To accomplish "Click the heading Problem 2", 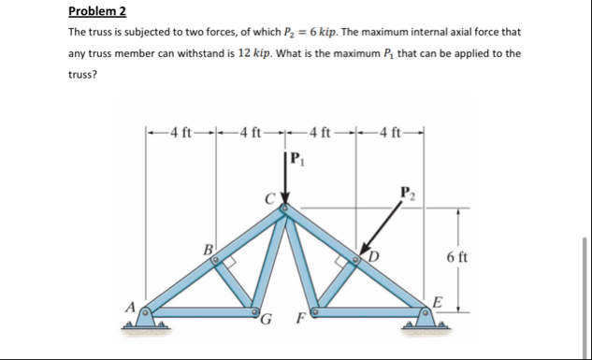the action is [x=98, y=12].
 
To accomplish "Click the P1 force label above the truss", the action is [x=298, y=157].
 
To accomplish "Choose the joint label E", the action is [x=438, y=300].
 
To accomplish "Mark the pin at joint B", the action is [x=216, y=263].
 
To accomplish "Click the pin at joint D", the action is [x=356, y=262].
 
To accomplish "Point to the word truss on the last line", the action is [x=82, y=75].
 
